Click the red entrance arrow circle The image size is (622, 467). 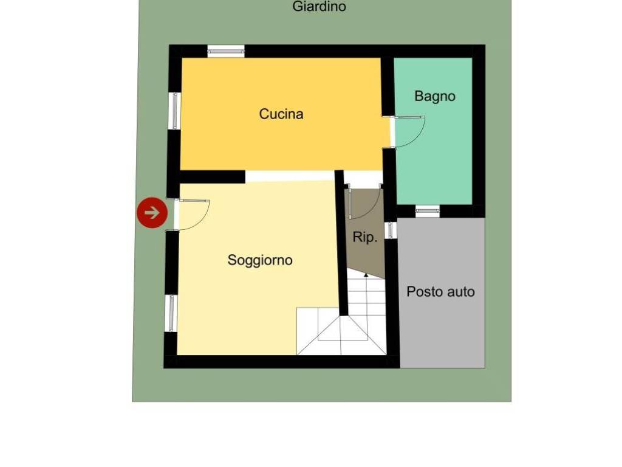tap(152, 212)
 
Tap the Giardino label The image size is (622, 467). tap(319, 6)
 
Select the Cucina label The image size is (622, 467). tap(281, 114)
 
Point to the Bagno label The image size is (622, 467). tap(435, 96)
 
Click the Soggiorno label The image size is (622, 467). tap(260, 260)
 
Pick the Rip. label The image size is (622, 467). tap(364, 237)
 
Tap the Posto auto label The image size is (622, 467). tap(441, 292)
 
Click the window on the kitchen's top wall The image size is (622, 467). tap(226, 51)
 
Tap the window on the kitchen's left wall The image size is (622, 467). tap(175, 111)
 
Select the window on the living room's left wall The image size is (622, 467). tap(171, 313)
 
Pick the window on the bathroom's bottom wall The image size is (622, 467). tap(428, 211)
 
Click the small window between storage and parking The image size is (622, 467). tap(391, 230)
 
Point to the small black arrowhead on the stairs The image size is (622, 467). tap(366, 274)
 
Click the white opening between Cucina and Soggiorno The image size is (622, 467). tap(290, 176)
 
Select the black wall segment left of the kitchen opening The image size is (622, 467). tap(212, 177)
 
